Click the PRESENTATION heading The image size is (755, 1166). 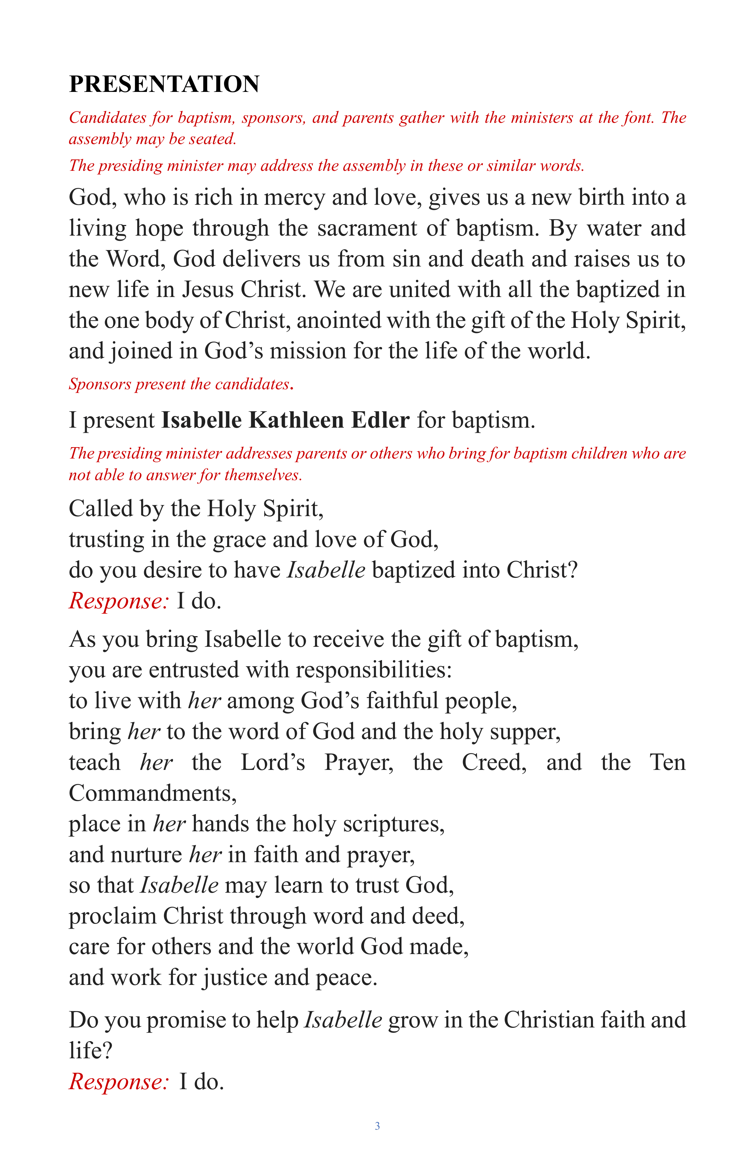[x=164, y=84]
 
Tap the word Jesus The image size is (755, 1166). [x=208, y=289]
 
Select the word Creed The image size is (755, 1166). [x=494, y=763]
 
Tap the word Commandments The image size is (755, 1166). [x=152, y=793]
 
